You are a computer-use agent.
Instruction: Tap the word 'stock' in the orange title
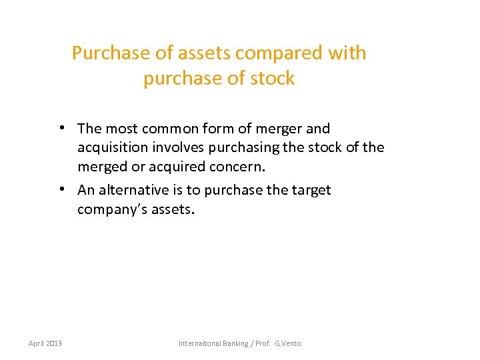pyautogui.click(x=272, y=79)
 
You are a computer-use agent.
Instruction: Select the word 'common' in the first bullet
pyautogui.click(x=171, y=128)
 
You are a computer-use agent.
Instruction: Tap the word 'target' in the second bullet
pyautogui.click(x=311, y=190)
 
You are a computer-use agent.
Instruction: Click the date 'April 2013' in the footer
pyautogui.click(x=45, y=343)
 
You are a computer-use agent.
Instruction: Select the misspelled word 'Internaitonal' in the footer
pyautogui.click(x=201, y=343)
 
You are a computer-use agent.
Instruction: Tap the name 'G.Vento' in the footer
pyautogui.click(x=288, y=343)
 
